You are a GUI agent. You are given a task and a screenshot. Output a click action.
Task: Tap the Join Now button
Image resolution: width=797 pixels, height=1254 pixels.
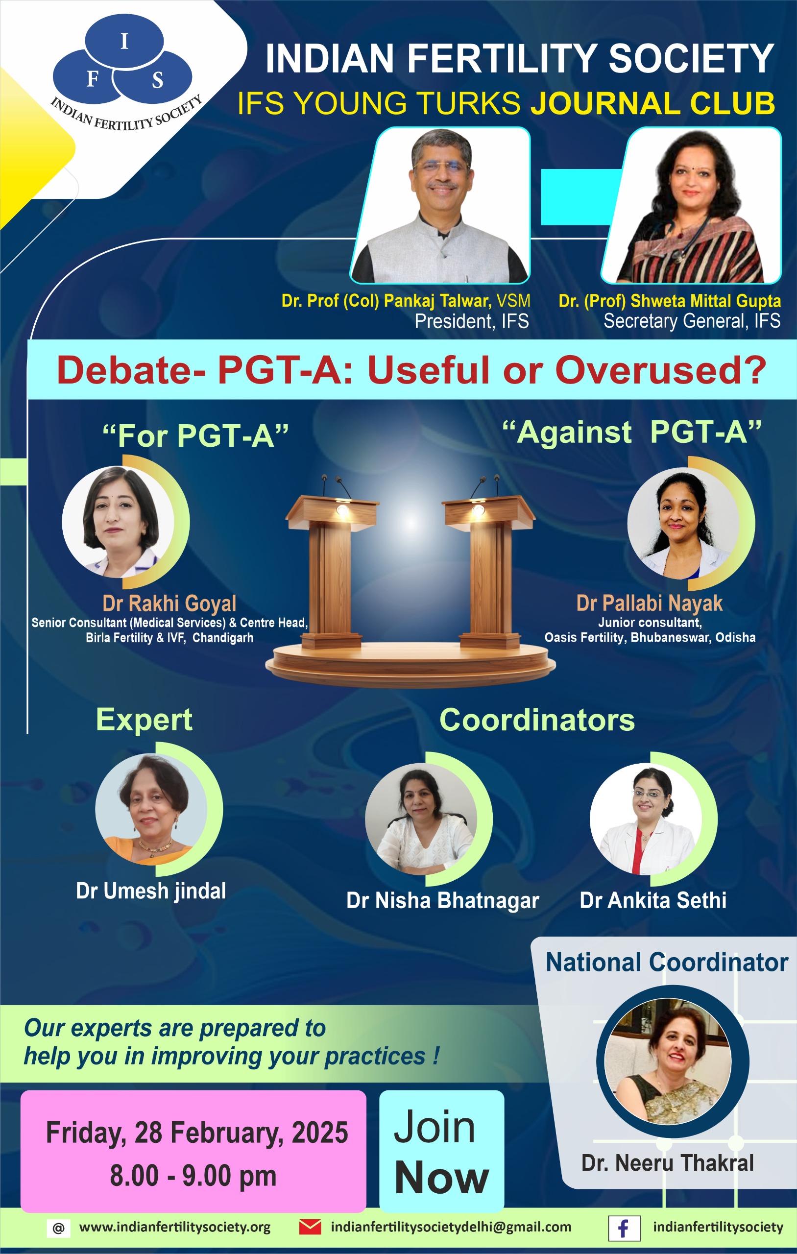pos(441,1151)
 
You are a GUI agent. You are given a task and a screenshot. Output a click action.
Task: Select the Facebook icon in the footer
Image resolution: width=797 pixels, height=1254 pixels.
pos(624,1228)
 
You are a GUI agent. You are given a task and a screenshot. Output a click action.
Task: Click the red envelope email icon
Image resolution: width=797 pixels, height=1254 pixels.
pos(310,1227)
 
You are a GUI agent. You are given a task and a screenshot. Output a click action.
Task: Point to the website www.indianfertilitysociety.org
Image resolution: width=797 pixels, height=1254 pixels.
pos(174,1227)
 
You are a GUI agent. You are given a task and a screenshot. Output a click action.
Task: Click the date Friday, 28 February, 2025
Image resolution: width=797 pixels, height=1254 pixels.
pos(197,1133)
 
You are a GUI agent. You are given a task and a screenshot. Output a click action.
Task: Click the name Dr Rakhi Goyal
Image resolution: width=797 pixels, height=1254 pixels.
pos(169,603)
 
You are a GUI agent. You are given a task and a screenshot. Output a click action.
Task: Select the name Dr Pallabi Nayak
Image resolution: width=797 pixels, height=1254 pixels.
pos(649,603)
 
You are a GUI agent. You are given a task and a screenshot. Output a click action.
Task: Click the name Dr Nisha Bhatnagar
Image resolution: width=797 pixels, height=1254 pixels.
pos(443,900)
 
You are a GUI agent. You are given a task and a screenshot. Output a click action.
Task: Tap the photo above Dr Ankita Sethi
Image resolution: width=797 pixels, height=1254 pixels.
pos(646,818)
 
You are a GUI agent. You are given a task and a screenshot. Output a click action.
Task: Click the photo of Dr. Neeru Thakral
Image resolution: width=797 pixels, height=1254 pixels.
pos(668,1061)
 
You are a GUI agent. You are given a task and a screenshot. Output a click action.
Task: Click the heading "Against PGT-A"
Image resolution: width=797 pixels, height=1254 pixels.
pos(632,432)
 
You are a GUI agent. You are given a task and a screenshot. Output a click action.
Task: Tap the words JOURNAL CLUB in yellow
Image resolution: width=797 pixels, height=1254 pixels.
pos(652,102)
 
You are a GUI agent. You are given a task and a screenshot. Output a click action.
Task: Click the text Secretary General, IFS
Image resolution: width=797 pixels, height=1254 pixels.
pos(692,321)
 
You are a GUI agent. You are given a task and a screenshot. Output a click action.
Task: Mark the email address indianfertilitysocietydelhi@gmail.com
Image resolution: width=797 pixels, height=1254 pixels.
pos(451,1227)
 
